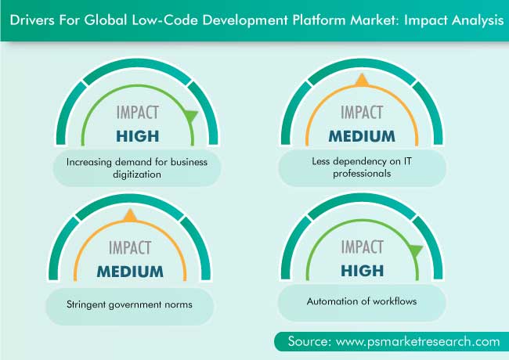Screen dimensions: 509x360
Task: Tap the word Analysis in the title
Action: click(478, 21)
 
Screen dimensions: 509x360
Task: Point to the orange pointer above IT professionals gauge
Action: click(362, 81)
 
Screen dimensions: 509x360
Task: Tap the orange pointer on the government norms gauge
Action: click(130, 216)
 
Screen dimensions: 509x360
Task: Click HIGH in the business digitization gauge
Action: click(138, 136)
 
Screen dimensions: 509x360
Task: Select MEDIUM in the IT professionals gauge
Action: click(362, 136)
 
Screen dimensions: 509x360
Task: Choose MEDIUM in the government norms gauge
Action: click(130, 272)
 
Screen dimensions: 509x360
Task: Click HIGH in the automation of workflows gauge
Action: click(363, 271)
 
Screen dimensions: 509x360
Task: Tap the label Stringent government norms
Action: click(129, 304)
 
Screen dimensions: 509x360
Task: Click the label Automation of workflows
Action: click(362, 301)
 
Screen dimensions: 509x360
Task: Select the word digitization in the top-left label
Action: click(137, 175)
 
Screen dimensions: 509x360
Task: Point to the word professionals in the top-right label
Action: click(362, 174)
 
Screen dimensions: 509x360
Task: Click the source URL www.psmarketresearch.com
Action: click(418, 341)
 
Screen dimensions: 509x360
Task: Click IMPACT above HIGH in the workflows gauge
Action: click(363, 247)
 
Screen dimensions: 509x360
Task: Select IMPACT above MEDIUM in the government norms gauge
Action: click(130, 248)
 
